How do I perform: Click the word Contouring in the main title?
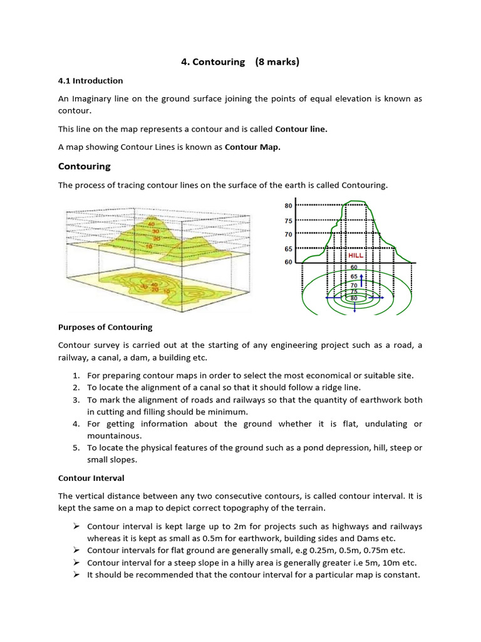coord(219,61)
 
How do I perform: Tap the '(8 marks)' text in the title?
coord(277,61)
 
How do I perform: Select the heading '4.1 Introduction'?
coord(90,81)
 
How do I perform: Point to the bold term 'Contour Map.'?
coord(253,147)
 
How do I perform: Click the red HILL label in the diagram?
coord(356,256)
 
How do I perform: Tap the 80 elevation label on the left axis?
coord(288,206)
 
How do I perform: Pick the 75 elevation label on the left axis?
coord(288,221)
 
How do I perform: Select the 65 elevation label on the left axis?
coord(288,249)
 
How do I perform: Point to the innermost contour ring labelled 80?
coord(354,298)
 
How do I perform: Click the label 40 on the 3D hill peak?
coord(152,224)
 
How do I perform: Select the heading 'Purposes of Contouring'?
coord(105,327)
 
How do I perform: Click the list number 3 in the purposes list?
coord(75,400)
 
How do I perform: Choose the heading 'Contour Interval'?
coord(91,478)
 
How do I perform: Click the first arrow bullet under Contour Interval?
coord(76,527)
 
